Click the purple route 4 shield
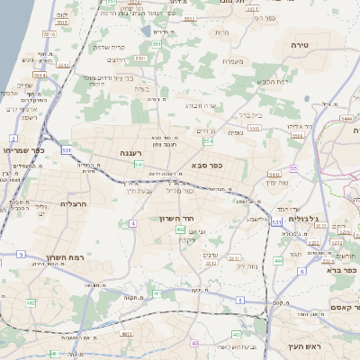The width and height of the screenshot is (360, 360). (133, 222)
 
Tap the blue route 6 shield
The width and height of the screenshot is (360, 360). (301, 270)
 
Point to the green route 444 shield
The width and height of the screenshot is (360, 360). (278, 260)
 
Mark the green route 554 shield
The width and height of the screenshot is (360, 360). (208, 141)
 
